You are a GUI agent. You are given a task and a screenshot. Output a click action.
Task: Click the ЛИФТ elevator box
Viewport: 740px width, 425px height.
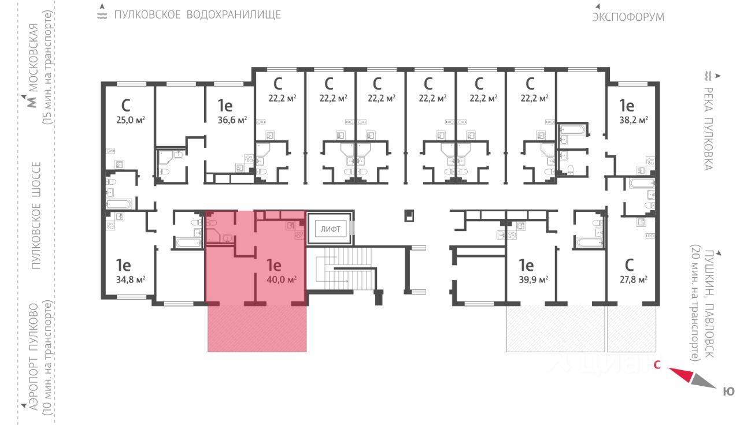(330, 229)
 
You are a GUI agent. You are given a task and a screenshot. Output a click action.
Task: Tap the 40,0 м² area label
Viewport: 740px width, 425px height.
(281, 279)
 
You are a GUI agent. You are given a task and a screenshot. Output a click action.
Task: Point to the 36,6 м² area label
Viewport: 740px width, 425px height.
(233, 120)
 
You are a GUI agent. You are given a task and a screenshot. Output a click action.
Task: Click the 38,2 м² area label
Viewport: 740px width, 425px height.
(634, 120)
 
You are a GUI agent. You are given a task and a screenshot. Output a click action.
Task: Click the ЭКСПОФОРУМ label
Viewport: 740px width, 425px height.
(628, 17)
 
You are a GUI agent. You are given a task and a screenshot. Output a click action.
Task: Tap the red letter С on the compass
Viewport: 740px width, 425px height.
(657, 365)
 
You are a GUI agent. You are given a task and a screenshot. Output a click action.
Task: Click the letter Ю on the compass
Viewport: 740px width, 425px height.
(729, 392)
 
